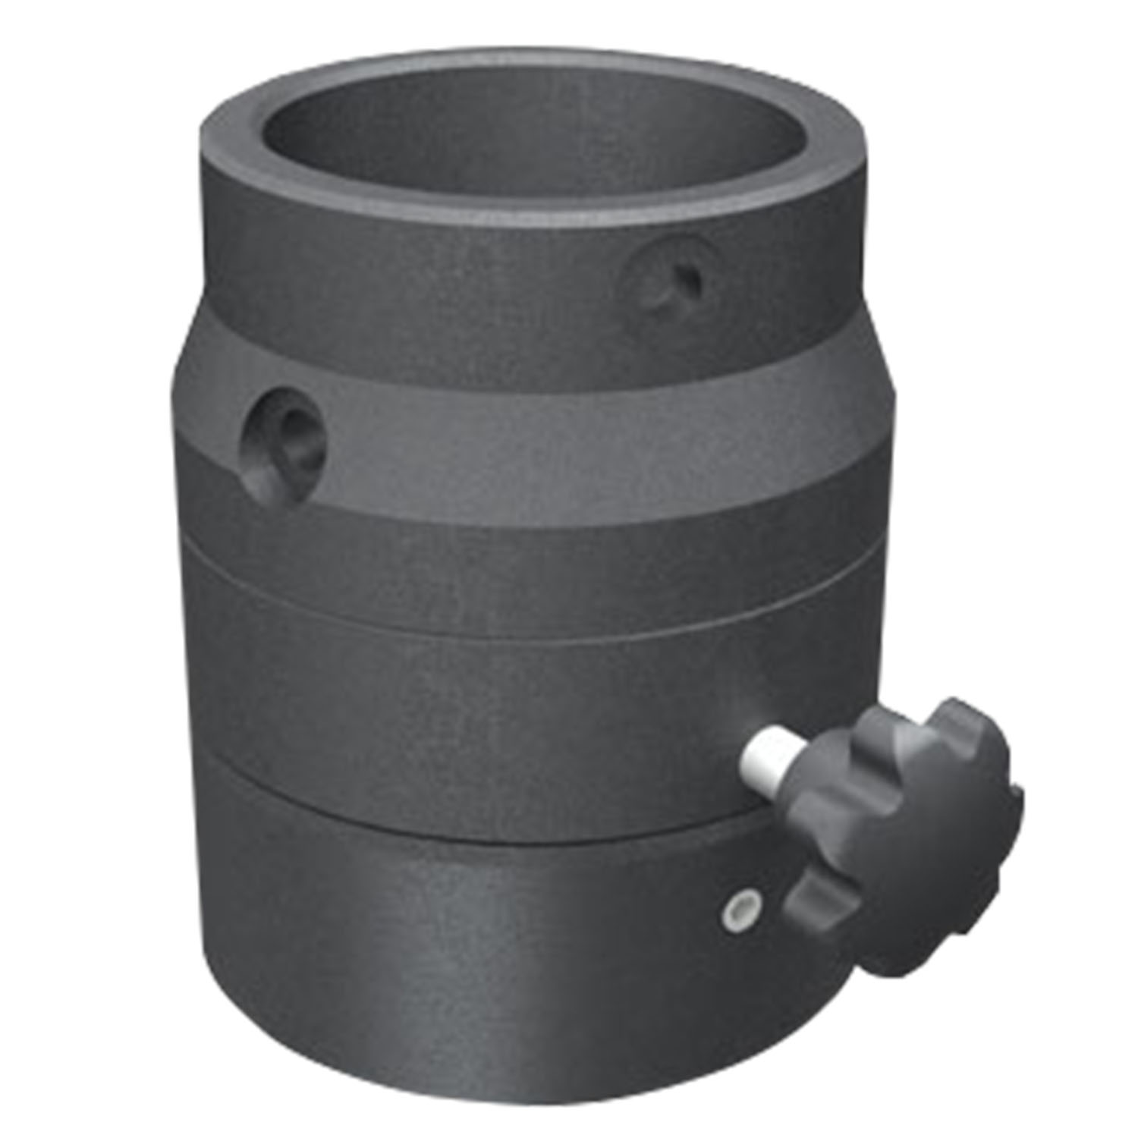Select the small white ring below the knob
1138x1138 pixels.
coord(739,907)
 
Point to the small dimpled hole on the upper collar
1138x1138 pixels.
coord(668,281)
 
